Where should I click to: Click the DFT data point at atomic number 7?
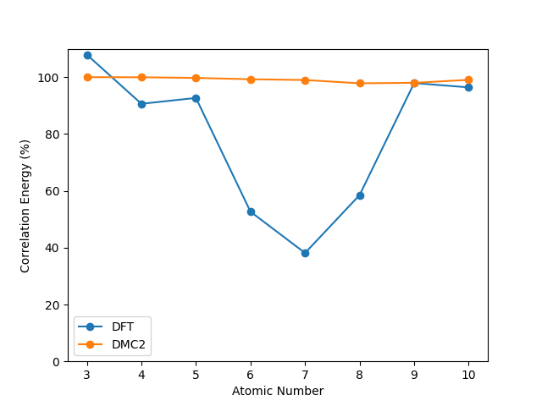(305, 253)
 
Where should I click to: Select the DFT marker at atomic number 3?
(87, 55)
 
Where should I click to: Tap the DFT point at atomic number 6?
(251, 211)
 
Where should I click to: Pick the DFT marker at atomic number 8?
(360, 195)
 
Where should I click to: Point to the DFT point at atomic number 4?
(141, 104)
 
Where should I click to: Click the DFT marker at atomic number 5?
(196, 98)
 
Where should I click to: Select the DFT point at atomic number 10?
(468, 87)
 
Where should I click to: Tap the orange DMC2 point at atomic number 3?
(87, 77)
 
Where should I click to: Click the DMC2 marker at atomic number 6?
(251, 80)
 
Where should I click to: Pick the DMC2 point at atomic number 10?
(468, 80)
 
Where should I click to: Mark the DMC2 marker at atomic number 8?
(360, 83)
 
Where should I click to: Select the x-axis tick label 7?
(305, 375)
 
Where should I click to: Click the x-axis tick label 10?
(468, 375)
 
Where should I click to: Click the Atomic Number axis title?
(278, 391)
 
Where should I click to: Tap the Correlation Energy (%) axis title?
(25, 206)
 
